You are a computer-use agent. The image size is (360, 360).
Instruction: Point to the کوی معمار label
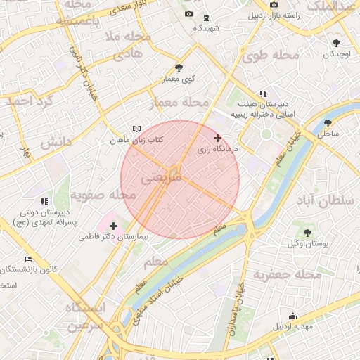pyautogui.click(x=179, y=79)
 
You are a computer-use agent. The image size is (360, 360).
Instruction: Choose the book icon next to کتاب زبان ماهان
pyautogui.click(x=136, y=129)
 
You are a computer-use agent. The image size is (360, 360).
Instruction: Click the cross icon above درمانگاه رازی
pyautogui.click(x=218, y=138)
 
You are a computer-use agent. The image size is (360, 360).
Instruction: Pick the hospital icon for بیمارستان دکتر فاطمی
pyautogui.click(x=113, y=226)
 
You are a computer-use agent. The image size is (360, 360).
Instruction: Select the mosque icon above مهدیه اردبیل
pyautogui.click(x=292, y=316)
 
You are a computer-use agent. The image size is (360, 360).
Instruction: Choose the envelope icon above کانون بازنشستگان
pyautogui.click(x=28, y=258)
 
